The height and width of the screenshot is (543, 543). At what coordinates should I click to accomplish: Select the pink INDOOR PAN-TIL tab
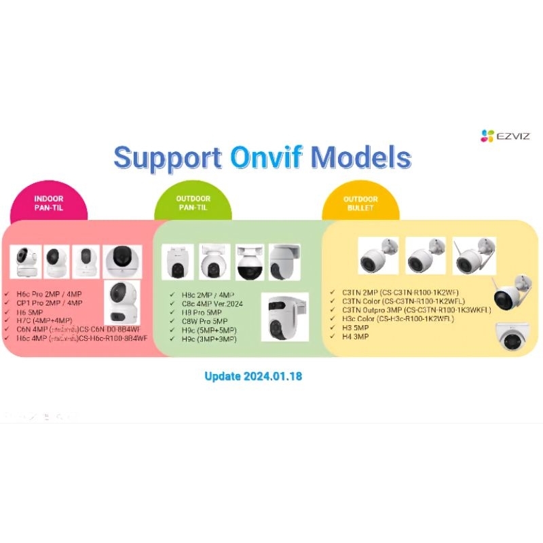[48, 203]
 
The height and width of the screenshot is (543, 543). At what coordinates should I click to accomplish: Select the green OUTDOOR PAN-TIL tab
[193, 203]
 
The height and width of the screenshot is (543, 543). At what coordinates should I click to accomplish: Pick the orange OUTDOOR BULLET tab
[360, 203]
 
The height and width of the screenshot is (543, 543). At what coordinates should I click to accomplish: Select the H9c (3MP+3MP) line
[209, 338]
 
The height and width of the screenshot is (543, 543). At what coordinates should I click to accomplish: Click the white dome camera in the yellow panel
[514, 335]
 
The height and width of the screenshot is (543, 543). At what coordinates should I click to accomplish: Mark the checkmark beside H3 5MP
[333, 326]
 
